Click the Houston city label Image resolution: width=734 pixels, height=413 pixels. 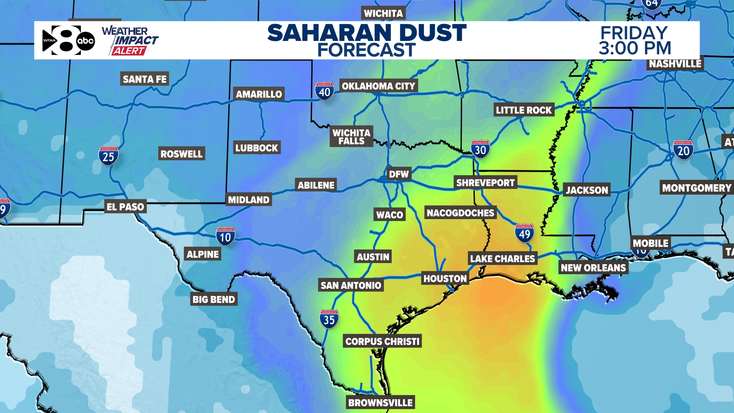click(x=445, y=279)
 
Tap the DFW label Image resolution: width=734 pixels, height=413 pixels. click(x=399, y=174)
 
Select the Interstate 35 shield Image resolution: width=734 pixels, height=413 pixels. click(x=329, y=319)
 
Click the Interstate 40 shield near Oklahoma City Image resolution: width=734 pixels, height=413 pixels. click(x=325, y=91)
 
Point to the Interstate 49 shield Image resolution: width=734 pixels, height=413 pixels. click(x=525, y=233)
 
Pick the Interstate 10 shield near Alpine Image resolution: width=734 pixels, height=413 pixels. click(x=226, y=237)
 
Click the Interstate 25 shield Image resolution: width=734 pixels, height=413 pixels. click(x=109, y=156)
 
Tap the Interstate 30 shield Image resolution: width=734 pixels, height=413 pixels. click(x=480, y=150)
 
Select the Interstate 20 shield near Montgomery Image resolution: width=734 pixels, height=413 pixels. click(x=683, y=150)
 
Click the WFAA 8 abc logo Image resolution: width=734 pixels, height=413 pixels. click(x=68, y=40)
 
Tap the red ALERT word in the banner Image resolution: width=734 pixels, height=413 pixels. click(x=129, y=51)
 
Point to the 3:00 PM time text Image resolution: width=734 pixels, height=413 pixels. click(x=635, y=49)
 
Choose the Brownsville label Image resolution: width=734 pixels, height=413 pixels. click(x=380, y=403)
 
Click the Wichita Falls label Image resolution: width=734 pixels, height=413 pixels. click(x=351, y=137)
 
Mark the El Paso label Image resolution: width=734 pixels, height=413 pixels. click(x=125, y=207)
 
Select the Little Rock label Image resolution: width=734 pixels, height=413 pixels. click(x=523, y=110)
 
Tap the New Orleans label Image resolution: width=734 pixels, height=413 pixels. click(x=593, y=268)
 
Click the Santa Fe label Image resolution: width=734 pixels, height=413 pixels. click(x=145, y=79)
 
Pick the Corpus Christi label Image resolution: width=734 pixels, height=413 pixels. click(x=382, y=341)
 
